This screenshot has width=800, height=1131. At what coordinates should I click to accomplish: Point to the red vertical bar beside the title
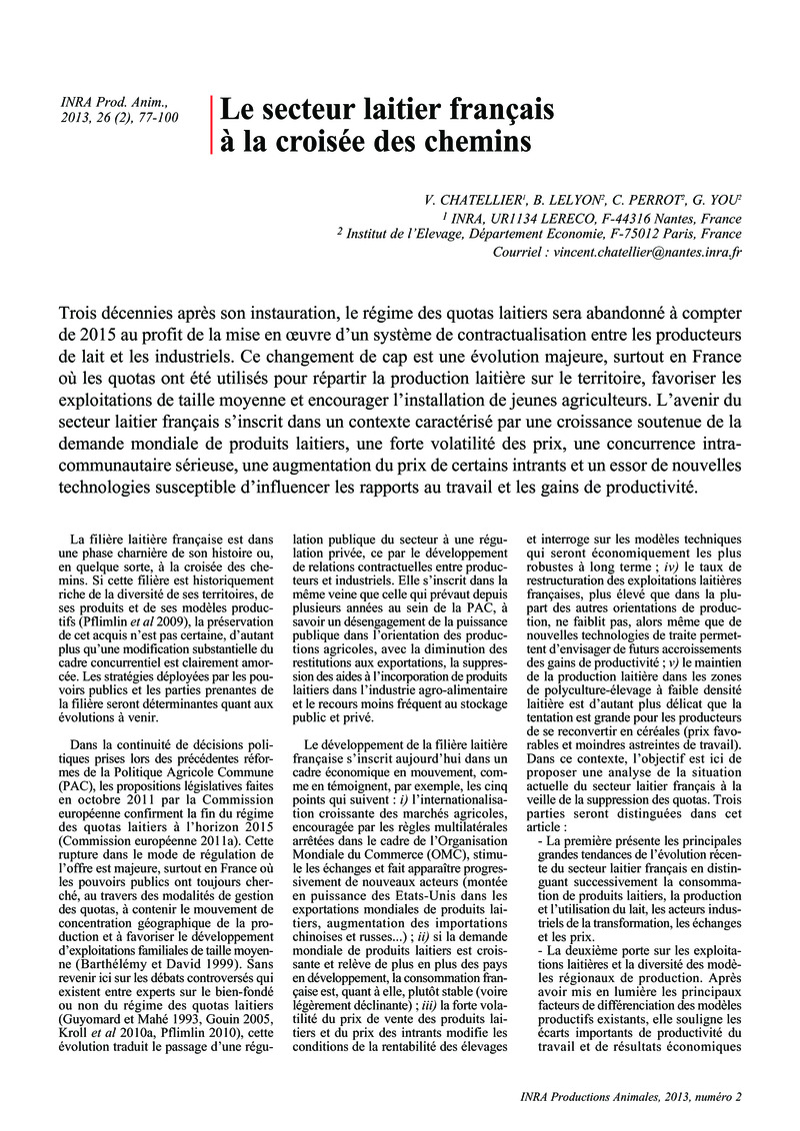(212, 125)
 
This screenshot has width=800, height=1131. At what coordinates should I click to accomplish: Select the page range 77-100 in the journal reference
(153, 119)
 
